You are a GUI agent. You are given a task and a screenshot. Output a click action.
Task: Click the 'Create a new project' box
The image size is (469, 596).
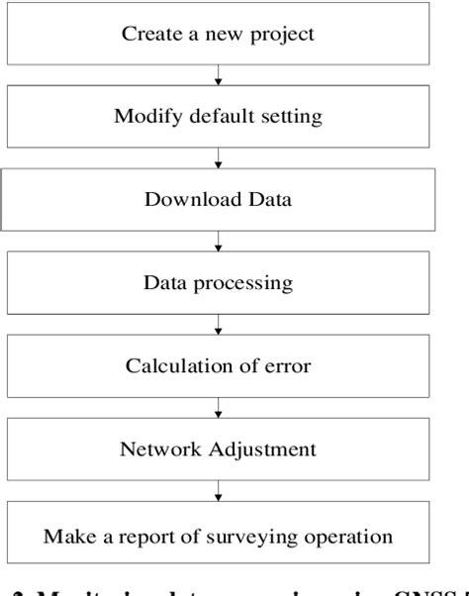pyautogui.click(x=218, y=35)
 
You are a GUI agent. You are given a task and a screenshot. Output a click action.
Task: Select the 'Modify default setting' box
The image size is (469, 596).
pyautogui.click(x=218, y=117)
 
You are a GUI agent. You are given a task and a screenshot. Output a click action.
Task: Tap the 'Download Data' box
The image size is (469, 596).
pyautogui.click(x=218, y=199)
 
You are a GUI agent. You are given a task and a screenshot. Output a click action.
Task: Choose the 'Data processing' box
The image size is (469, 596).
pyautogui.click(x=218, y=282)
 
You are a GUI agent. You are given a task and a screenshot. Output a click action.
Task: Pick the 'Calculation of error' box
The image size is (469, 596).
pyautogui.click(x=218, y=366)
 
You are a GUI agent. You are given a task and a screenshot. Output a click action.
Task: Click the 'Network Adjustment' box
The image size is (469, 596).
pyautogui.click(x=218, y=449)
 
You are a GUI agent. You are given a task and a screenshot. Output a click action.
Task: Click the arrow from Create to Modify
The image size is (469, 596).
pyautogui.click(x=218, y=74)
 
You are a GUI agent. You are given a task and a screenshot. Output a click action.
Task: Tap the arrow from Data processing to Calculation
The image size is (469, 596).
pyautogui.click(x=218, y=325)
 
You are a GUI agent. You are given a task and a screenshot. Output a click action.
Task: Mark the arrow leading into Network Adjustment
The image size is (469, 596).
pyautogui.click(x=218, y=409)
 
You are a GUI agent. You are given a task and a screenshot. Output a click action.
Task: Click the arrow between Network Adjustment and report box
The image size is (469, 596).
pyautogui.click(x=218, y=492)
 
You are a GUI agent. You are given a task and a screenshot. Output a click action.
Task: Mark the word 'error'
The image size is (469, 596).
pyautogui.click(x=288, y=366)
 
